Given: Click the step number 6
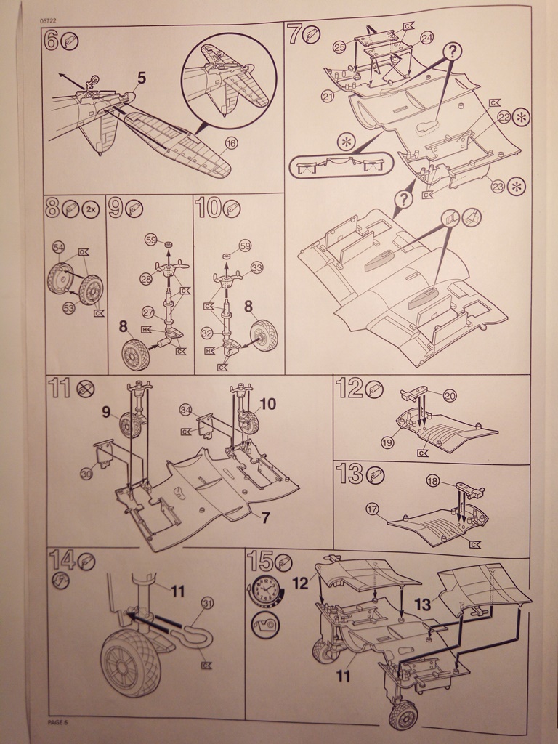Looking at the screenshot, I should tap(52, 41).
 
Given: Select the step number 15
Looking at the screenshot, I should tap(260, 560).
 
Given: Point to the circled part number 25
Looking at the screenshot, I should tap(339, 47).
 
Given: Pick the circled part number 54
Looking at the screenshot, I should tap(59, 248).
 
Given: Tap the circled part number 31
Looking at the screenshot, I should tap(208, 602).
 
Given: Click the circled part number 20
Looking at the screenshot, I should tap(450, 396).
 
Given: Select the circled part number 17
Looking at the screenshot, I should tap(373, 509).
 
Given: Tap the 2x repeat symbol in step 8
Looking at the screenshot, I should tap(92, 209).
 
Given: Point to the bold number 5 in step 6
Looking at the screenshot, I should tap(141, 78).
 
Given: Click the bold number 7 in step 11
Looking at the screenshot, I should tap(265, 517).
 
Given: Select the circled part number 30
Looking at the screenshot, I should tap(86, 474).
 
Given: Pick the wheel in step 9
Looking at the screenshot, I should tap(135, 354).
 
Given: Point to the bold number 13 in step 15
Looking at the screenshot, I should tap(422, 602).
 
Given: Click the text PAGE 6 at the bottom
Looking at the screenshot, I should tap(57, 721).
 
